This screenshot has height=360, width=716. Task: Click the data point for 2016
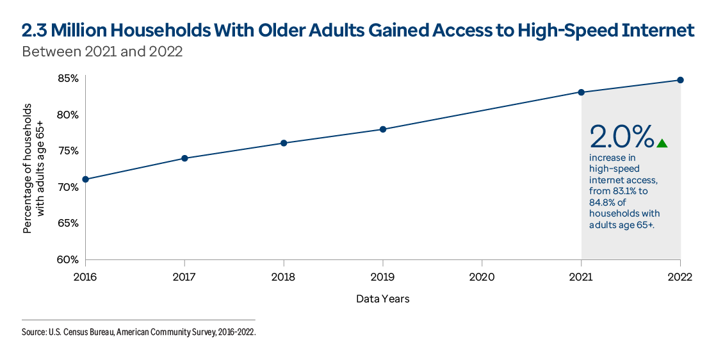pyautogui.click(x=85, y=179)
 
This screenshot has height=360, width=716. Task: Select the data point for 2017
pyautogui.click(x=184, y=158)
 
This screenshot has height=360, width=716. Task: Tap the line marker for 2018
pyautogui.click(x=284, y=143)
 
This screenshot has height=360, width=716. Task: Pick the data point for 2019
pyautogui.click(x=383, y=129)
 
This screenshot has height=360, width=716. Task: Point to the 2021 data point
pyautogui.click(x=582, y=92)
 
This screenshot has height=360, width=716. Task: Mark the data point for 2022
pyautogui.click(x=680, y=80)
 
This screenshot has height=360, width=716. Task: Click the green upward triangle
pyautogui.click(x=662, y=143)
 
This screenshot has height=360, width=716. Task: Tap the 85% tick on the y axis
pyautogui.click(x=67, y=79)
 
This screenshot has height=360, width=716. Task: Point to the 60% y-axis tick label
pyautogui.click(x=67, y=259)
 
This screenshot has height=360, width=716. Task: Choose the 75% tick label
pyautogui.click(x=67, y=151)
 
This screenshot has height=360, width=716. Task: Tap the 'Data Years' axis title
pyautogui.click(x=382, y=299)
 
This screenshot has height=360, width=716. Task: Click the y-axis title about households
pyautogui.click(x=33, y=168)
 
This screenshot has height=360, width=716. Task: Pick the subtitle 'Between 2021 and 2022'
pyautogui.click(x=102, y=52)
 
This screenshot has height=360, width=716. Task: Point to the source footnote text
pyautogui.click(x=138, y=332)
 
